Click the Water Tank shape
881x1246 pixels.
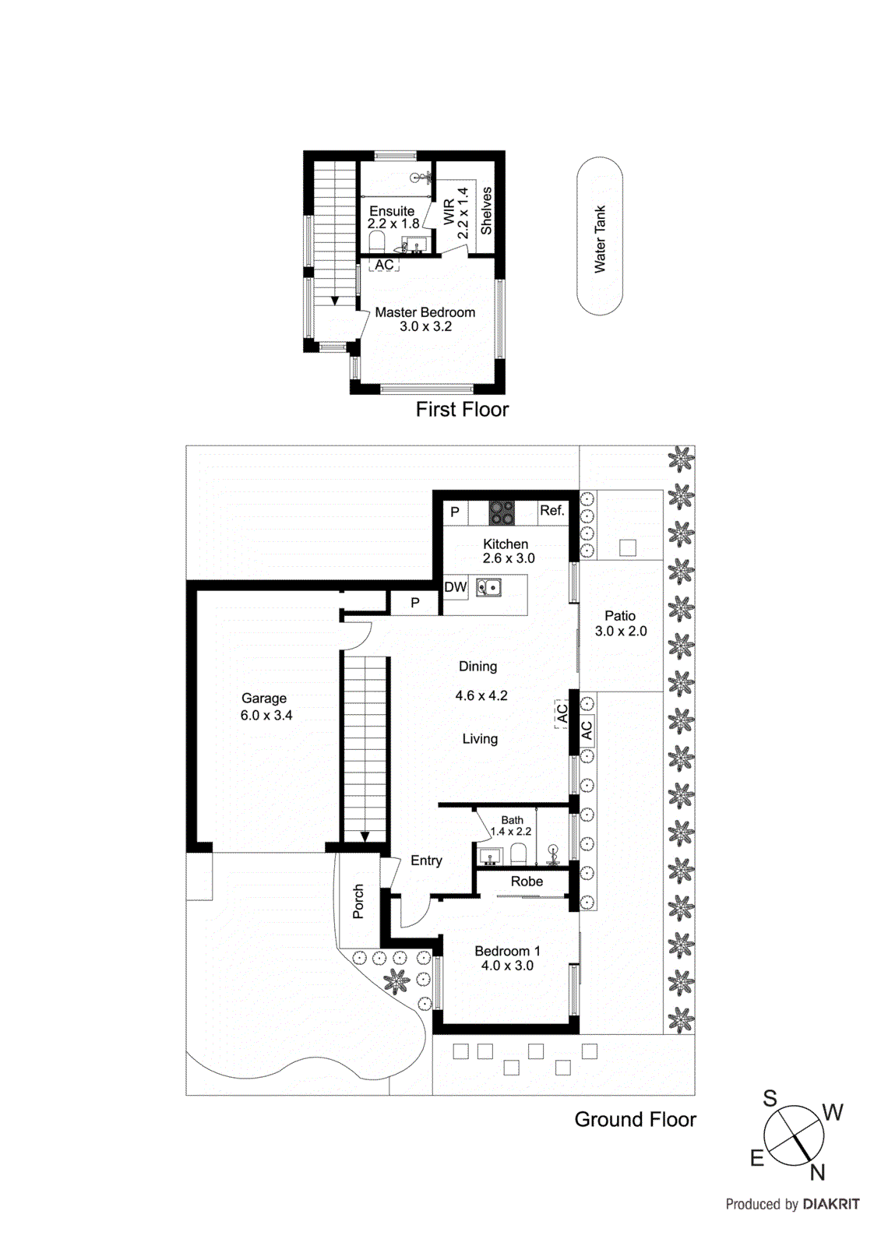coord(599,236)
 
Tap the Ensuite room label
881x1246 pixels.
coord(392,211)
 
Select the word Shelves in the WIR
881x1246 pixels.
coord(486,210)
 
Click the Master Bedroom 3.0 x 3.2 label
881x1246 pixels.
coord(425,319)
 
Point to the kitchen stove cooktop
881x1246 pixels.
coord(502,512)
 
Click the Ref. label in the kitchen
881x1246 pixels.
coord(552,511)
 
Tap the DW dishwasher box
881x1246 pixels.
coord(455,587)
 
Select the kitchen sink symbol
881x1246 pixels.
coord(488,587)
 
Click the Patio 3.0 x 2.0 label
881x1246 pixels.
coord(621,623)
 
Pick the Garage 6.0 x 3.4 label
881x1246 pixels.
coord(265,706)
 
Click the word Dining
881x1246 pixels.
coord(478,667)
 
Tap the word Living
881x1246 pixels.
coord(480,739)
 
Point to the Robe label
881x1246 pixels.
coord(527,882)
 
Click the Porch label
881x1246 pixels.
coord(358,901)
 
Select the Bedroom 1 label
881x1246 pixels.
coord(507,952)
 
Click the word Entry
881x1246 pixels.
coord(426,861)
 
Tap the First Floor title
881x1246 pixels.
coord(462,410)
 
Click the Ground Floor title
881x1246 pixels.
coord(635,1120)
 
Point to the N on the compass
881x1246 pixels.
coord(817,1172)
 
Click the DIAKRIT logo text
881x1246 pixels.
coord(831,1205)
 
